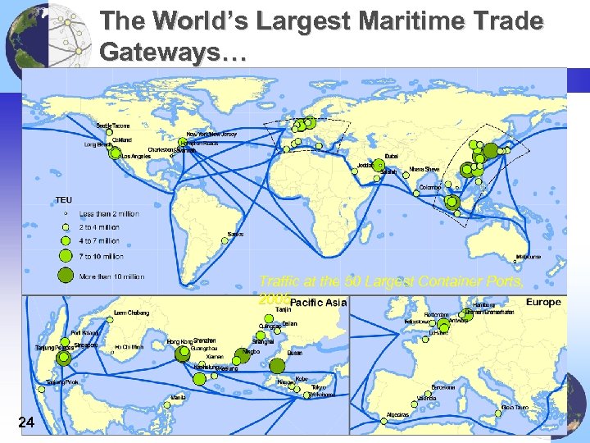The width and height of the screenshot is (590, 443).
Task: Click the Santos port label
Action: (x=235, y=235)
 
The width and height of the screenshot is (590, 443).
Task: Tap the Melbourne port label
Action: (x=529, y=257)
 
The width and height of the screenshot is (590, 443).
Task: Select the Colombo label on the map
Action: (x=430, y=187)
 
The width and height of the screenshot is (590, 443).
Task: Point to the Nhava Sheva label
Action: (x=424, y=169)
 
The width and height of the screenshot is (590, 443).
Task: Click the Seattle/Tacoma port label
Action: (x=113, y=126)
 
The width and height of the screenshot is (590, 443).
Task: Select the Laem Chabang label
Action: (x=130, y=313)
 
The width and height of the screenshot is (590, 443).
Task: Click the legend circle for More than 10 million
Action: (x=66, y=276)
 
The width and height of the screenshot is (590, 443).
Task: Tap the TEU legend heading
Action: (x=63, y=199)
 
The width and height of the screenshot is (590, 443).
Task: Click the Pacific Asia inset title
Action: (x=319, y=303)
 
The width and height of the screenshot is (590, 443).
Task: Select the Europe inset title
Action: (x=543, y=302)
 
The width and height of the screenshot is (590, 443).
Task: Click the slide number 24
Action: (x=26, y=422)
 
